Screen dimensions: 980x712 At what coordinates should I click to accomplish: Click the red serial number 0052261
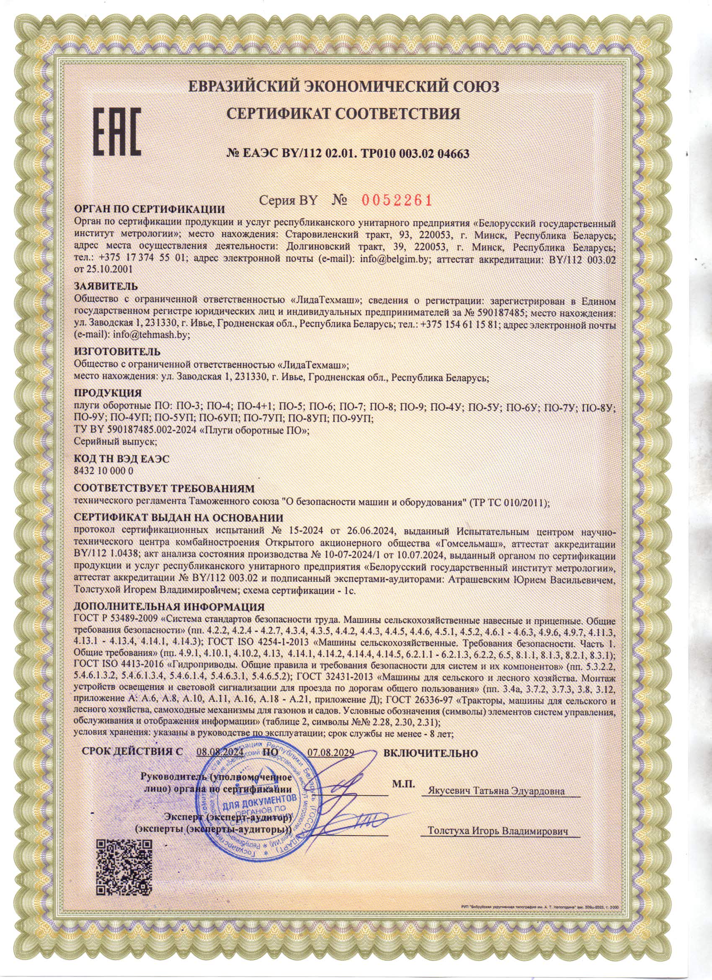(x=396, y=200)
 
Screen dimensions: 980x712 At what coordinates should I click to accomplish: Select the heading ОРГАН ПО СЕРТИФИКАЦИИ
(x=150, y=210)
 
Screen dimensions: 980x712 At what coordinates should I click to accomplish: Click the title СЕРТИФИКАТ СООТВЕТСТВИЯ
(x=344, y=114)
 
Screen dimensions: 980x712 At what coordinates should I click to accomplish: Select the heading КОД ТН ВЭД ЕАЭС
(x=122, y=459)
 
